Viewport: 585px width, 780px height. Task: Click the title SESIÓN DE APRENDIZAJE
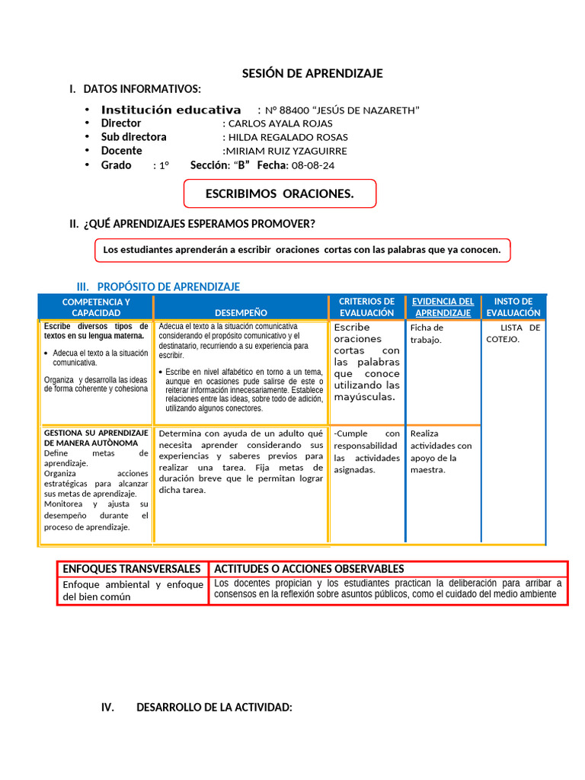click(x=312, y=73)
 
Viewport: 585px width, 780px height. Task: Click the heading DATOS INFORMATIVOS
click(x=142, y=89)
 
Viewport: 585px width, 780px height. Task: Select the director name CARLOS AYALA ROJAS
click(x=280, y=123)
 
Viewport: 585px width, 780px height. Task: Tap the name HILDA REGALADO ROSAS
click(x=286, y=137)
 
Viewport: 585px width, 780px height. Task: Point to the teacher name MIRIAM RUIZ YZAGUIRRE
click(x=280, y=151)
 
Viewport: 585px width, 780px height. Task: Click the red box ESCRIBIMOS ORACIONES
click(x=280, y=193)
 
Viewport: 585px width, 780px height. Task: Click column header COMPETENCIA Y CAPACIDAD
click(x=96, y=307)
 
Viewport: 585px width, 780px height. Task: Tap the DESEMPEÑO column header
click(x=241, y=312)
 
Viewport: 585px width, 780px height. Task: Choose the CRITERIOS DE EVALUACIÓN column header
click(x=366, y=307)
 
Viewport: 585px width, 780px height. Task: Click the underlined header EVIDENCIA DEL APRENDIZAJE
click(x=443, y=307)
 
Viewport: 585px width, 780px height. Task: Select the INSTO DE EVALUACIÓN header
click(x=513, y=307)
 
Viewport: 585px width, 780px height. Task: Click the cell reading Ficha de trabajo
click(x=427, y=334)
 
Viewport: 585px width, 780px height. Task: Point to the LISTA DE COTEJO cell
click(x=513, y=333)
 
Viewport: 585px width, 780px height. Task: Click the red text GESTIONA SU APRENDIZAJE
click(x=96, y=437)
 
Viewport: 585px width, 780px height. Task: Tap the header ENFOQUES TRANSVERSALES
click(x=132, y=569)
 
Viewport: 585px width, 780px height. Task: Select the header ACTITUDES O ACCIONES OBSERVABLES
click(x=309, y=569)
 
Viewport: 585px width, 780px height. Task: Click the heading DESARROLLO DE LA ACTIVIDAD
click(x=214, y=708)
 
